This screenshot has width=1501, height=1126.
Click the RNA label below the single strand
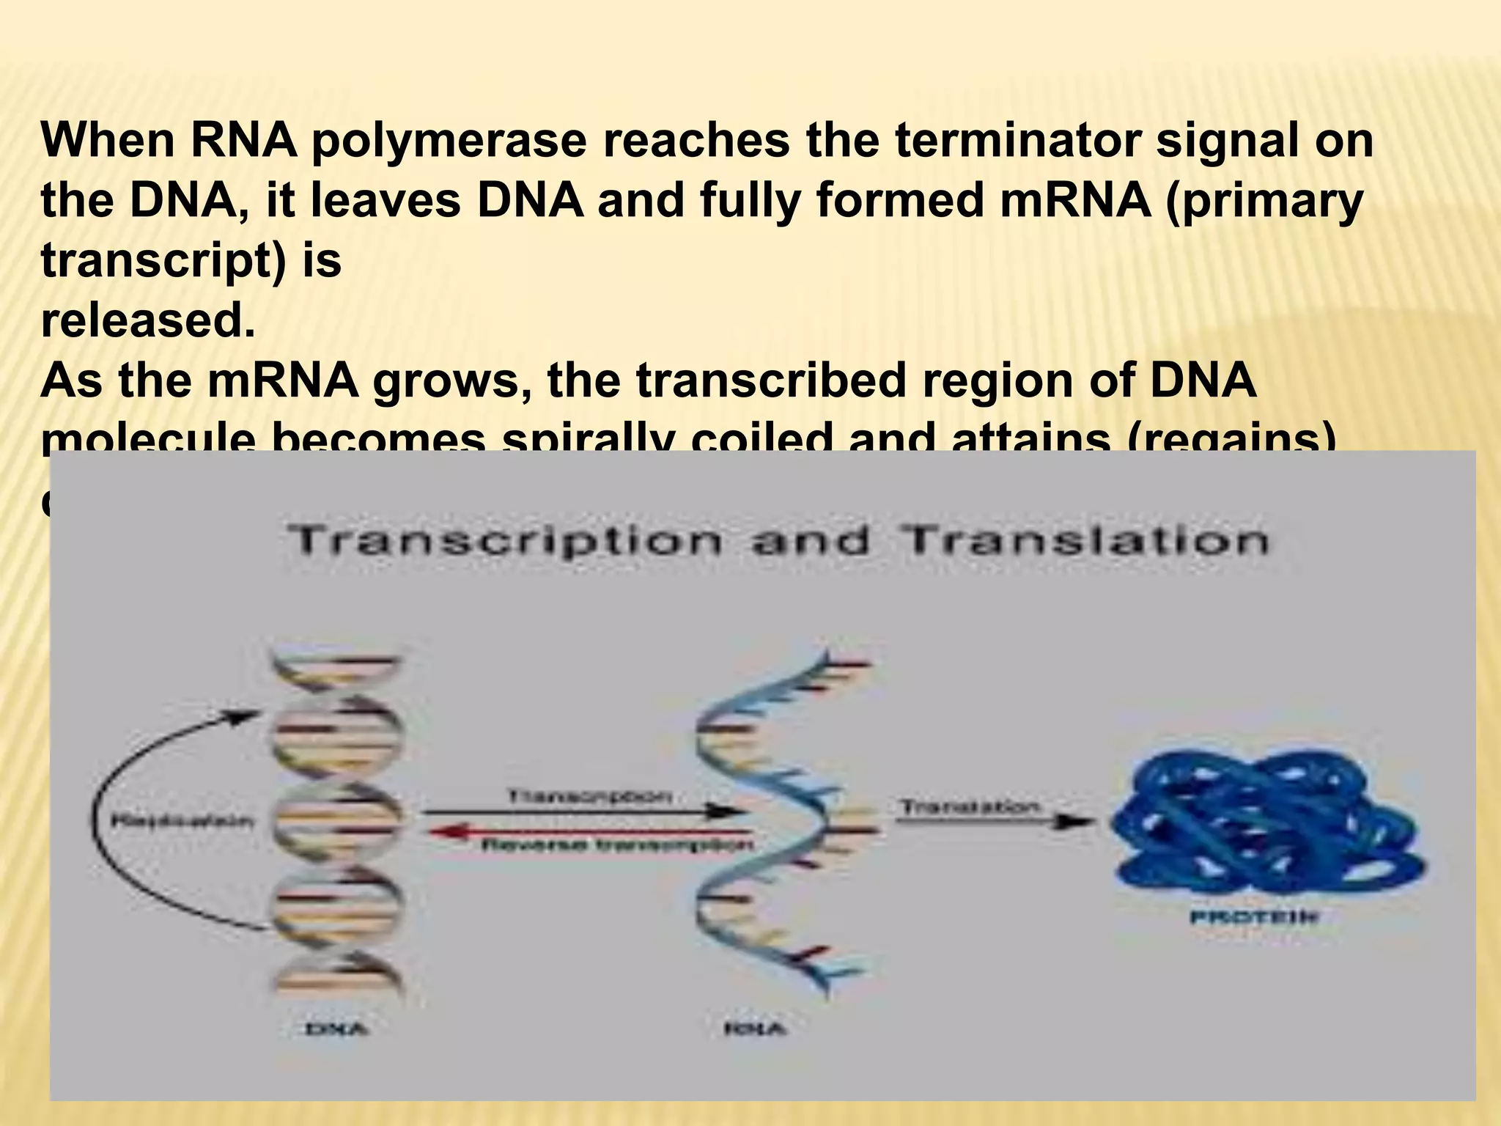click(x=754, y=1029)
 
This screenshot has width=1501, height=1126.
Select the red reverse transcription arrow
click(x=586, y=831)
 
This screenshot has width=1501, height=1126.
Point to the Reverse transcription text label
click(x=616, y=845)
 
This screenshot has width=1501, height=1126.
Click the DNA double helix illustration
click(x=337, y=821)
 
